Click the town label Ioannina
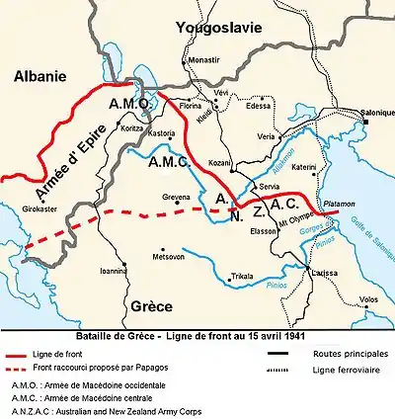click(115, 268)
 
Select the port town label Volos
click(368, 299)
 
